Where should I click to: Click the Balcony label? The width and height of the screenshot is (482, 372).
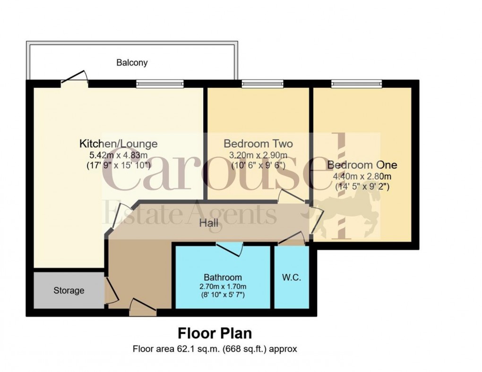click(132, 62)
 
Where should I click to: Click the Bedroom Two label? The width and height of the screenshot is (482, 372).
click(258, 144)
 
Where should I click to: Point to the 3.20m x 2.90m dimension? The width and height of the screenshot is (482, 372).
click(258, 154)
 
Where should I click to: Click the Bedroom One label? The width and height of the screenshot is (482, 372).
click(362, 165)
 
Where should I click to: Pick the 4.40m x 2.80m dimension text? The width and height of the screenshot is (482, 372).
click(362, 176)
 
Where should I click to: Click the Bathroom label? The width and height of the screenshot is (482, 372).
click(223, 277)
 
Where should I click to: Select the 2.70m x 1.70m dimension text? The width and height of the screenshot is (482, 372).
click(223, 287)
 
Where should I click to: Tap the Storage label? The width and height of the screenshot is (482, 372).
click(69, 290)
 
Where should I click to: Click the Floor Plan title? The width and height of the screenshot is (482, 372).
click(215, 333)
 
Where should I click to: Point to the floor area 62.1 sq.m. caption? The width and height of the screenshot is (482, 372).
click(215, 349)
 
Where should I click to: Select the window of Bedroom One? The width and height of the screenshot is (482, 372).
click(356, 84)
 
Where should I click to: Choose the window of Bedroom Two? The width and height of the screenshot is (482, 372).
click(262, 84)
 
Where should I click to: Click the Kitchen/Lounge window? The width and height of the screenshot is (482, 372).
click(159, 84)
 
